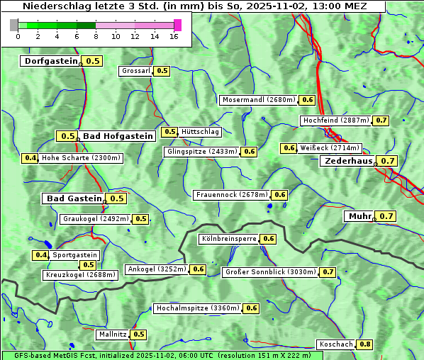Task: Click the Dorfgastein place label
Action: [50, 61]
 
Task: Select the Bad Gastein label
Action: [74, 198]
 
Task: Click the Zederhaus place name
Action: [348, 161]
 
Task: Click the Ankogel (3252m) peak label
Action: [157, 269]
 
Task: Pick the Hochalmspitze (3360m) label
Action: [198, 308]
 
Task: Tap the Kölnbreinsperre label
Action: [229, 239]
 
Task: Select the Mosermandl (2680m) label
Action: [259, 100]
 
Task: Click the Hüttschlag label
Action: [201, 132]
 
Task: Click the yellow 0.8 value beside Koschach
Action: [364, 344]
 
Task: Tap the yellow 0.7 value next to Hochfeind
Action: [381, 120]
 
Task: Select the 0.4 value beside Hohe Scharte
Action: [30, 158]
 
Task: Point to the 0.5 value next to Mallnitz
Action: [138, 334]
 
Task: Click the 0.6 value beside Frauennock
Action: [280, 195]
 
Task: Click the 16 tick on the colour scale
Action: [174, 36]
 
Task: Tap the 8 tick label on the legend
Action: [96, 36]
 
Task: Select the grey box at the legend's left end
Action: [14, 25]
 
